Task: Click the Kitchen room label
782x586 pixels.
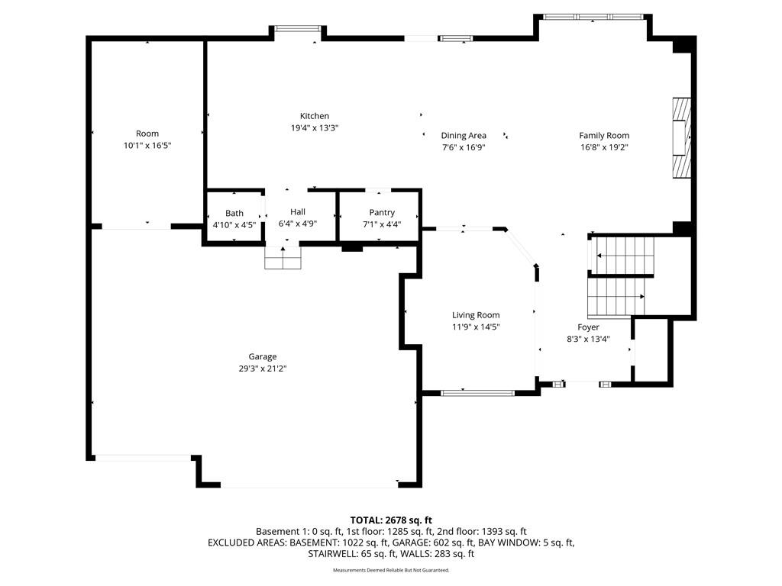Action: [x=314, y=116]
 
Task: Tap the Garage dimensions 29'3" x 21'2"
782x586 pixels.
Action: [x=263, y=369]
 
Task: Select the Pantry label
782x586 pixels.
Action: [x=382, y=213]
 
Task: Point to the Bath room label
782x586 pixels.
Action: [x=234, y=214]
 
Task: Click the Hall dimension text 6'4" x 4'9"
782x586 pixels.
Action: [x=298, y=224]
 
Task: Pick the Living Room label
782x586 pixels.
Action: [x=476, y=315]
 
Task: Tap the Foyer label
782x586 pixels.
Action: [x=589, y=327]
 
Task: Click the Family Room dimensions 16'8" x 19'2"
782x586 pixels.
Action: [x=604, y=147]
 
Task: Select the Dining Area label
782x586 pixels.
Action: [x=464, y=136]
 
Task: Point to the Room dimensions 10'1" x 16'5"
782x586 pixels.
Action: [x=147, y=146]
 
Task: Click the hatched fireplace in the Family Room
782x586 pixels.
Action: [x=681, y=138]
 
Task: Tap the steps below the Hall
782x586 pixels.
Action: [x=283, y=258]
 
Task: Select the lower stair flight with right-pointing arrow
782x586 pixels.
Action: [x=616, y=297]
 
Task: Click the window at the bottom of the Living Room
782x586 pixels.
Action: [x=477, y=393]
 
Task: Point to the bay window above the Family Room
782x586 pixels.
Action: [x=593, y=17]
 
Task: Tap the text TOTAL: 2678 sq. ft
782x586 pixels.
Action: [x=391, y=520]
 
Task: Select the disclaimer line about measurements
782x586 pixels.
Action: [x=391, y=570]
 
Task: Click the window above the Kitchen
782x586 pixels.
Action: [x=299, y=28]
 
